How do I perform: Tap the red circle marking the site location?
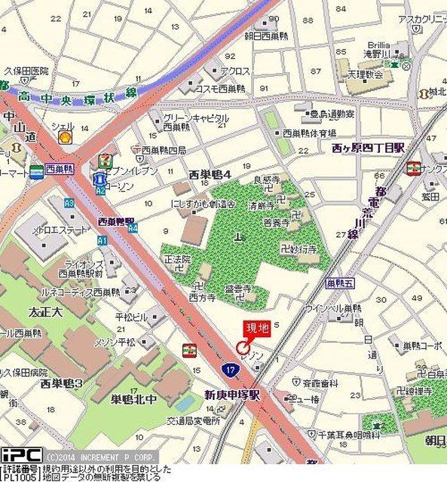(x=243, y=347)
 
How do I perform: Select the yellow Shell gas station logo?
(x=66, y=137)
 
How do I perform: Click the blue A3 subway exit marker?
(x=69, y=203)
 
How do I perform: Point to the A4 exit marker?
(x=133, y=227)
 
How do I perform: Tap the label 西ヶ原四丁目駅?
(x=368, y=148)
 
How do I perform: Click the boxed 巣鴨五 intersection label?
(x=339, y=284)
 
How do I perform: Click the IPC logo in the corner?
(x=21, y=456)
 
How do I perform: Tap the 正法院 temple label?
(x=179, y=258)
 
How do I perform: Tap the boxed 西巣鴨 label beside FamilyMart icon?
(x=58, y=169)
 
